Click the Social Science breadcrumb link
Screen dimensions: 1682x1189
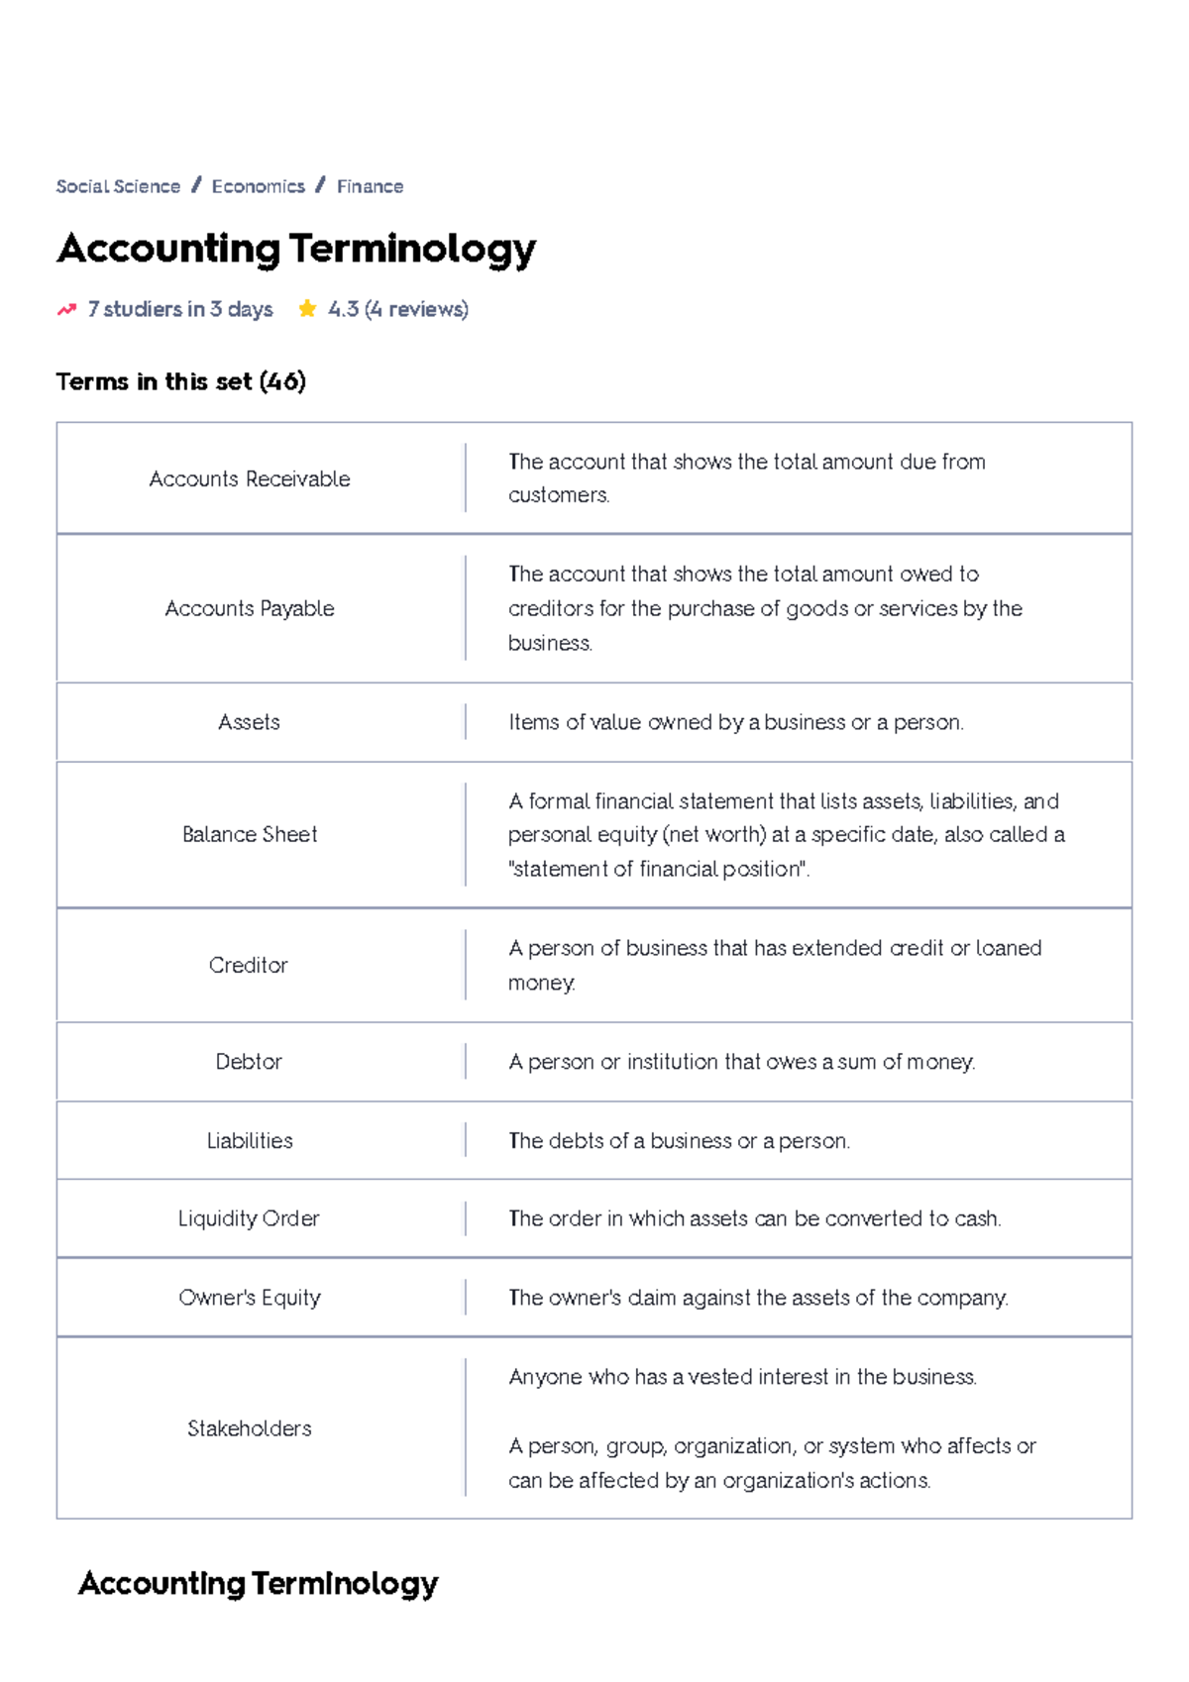click(118, 186)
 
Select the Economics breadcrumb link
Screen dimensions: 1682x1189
click(258, 186)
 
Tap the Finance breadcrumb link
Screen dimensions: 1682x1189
click(370, 186)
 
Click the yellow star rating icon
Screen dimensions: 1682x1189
click(307, 309)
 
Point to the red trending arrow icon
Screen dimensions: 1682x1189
click(66, 309)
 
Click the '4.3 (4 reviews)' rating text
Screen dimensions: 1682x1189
click(398, 309)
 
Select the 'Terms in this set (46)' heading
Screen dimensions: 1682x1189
click(180, 381)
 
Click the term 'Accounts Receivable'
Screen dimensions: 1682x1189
click(250, 479)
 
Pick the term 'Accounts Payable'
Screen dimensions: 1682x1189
click(250, 608)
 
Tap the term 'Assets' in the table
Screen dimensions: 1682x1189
click(250, 722)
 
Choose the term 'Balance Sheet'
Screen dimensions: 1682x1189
click(250, 834)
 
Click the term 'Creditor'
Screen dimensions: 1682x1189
click(249, 965)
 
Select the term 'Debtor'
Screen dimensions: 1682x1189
click(249, 1062)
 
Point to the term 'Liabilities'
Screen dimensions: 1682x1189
click(250, 1141)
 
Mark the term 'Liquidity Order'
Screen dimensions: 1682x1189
click(249, 1218)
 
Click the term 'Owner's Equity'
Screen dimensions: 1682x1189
click(250, 1298)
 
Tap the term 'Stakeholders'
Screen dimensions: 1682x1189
click(250, 1428)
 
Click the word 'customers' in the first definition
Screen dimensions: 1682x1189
click(557, 495)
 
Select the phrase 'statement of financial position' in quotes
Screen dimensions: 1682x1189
click(658, 870)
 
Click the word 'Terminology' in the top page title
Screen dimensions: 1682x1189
click(412, 249)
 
